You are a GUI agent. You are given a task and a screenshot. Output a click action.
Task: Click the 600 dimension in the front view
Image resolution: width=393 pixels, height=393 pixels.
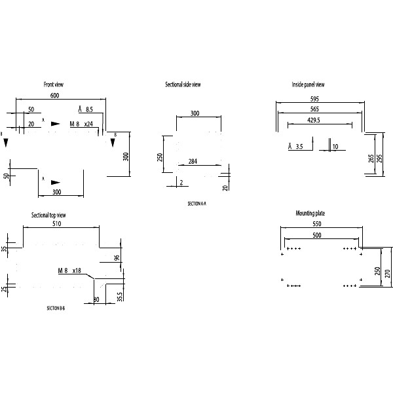56,96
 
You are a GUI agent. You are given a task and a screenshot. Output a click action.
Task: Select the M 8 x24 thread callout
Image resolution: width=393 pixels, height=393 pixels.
81,124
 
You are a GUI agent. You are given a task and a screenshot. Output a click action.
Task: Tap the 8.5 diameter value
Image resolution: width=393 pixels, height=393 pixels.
90,109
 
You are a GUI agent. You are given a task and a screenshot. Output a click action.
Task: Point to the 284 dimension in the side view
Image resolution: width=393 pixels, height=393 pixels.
193,161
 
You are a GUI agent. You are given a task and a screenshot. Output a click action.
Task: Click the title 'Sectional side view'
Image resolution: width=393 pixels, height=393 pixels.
183,85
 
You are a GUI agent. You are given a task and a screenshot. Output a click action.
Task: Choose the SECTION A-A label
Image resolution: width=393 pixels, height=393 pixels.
196,204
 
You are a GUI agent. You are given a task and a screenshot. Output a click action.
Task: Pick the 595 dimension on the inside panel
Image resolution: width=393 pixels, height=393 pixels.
320,99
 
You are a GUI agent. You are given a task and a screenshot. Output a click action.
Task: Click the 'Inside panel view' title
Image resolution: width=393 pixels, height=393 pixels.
308,85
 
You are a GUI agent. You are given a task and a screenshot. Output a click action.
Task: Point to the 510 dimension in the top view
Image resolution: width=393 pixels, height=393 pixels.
57,224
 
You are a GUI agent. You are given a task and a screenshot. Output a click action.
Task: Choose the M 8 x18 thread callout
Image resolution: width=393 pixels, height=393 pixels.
69,271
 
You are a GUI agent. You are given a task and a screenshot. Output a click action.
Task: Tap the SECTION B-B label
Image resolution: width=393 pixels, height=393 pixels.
56,307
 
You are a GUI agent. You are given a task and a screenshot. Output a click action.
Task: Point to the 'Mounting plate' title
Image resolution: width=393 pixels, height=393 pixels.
310,214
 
